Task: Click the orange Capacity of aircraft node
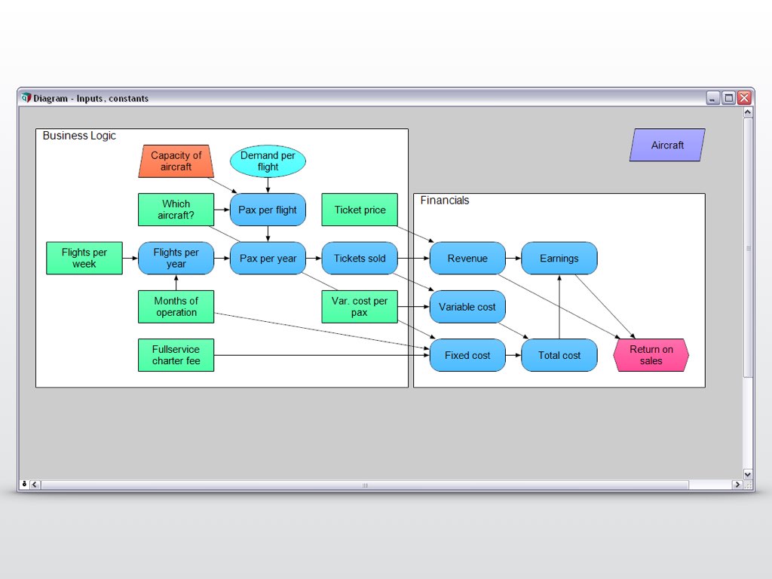pyautogui.click(x=176, y=161)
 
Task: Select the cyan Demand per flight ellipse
pyautogui.click(x=268, y=161)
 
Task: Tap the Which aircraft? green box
pyautogui.click(x=176, y=210)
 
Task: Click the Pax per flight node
pyautogui.click(x=268, y=210)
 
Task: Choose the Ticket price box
pyautogui.click(x=360, y=210)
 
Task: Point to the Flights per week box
pyautogui.click(x=84, y=258)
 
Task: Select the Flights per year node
pyautogui.click(x=176, y=258)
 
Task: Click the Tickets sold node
pyautogui.click(x=360, y=258)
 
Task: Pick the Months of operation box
pyautogui.click(x=176, y=306)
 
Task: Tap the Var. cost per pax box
pyautogui.click(x=360, y=306)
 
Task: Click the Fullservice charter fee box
pyautogui.click(x=176, y=355)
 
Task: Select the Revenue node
pyautogui.click(x=467, y=258)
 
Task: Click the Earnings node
pyautogui.click(x=559, y=258)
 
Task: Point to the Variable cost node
pyautogui.click(x=467, y=306)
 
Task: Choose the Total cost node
pyautogui.click(x=559, y=355)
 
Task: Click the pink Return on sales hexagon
pyautogui.click(x=651, y=355)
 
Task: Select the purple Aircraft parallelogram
pyautogui.click(x=667, y=145)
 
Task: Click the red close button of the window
pyautogui.click(x=744, y=98)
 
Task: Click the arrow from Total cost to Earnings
pyautogui.click(x=559, y=309)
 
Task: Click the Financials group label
pyautogui.click(x=445, y=201)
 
